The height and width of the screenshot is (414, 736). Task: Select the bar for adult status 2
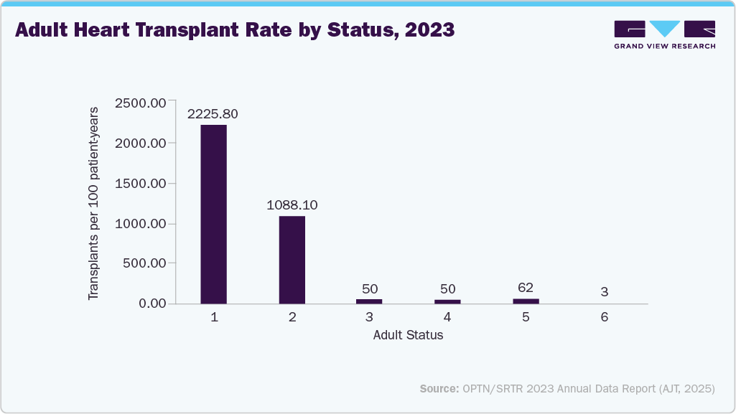click(292, 259)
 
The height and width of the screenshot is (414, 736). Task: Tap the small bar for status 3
click(370, 301)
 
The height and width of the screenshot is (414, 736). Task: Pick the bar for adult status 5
click(526, 301)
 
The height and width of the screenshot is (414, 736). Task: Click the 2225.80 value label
click(213, 114)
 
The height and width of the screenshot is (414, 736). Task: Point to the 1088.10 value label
click(292, 204)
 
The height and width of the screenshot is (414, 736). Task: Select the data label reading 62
click(526, 288)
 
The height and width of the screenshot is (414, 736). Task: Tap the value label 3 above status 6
click(605, 292)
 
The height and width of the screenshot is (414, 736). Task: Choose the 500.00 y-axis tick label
click(144, 263)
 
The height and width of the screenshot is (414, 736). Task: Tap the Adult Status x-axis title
click(408, 335)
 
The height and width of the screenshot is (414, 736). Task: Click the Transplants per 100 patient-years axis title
click(94, 203)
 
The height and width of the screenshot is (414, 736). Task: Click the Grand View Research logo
click(664, 34)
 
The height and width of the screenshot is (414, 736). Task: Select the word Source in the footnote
click(439, 388)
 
